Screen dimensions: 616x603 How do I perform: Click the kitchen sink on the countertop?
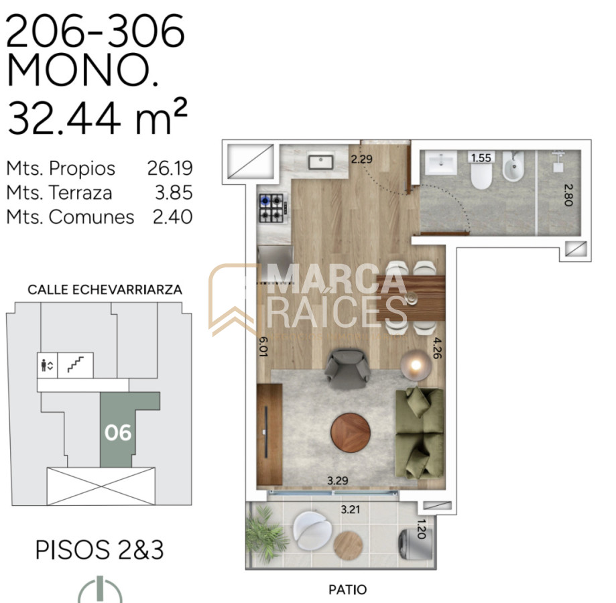(320, 161)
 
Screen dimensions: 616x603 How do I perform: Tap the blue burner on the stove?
(265, 201)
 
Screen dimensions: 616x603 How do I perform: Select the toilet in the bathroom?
(481, 175)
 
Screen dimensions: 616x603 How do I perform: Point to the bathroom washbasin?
(441, 163)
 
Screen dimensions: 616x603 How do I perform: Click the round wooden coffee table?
(351, 433)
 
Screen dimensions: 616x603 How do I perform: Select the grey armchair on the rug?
(347, 368)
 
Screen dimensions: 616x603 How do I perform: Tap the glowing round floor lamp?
(416, 365)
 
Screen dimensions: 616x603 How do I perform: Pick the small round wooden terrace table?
(348, 545)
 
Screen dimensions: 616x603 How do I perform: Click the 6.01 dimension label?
(263, 346)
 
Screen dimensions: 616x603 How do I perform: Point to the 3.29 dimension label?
(338, 480)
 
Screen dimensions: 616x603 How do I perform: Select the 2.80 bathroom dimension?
(568, 195)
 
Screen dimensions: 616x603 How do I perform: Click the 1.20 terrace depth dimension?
(421, 529)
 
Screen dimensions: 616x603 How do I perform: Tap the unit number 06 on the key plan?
(118, 433)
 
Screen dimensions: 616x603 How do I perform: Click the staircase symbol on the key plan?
(76, 364)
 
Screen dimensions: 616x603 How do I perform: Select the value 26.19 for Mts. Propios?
(170, 168)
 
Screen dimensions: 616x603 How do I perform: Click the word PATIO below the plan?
(348, 589)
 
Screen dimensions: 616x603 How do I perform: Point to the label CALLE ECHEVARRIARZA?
(105, 289)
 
